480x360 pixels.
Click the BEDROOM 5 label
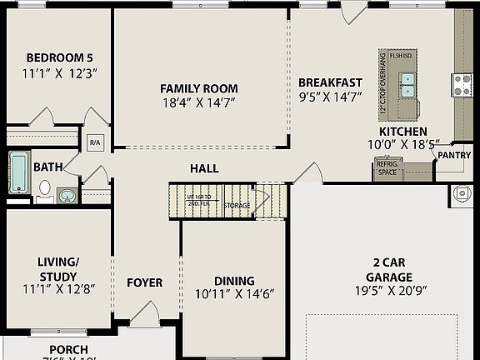59,57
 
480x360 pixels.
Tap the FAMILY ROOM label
198,88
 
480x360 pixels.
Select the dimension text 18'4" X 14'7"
198,103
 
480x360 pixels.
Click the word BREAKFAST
330,82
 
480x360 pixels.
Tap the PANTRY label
453,155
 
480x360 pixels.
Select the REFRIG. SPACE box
388,167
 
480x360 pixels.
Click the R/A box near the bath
94,142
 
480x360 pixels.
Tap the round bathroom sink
67,196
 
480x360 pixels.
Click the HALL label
204,168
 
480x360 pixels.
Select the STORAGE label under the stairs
237,205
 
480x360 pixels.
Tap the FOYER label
144,282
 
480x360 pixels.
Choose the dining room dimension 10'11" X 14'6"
234,294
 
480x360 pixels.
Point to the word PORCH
68,349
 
